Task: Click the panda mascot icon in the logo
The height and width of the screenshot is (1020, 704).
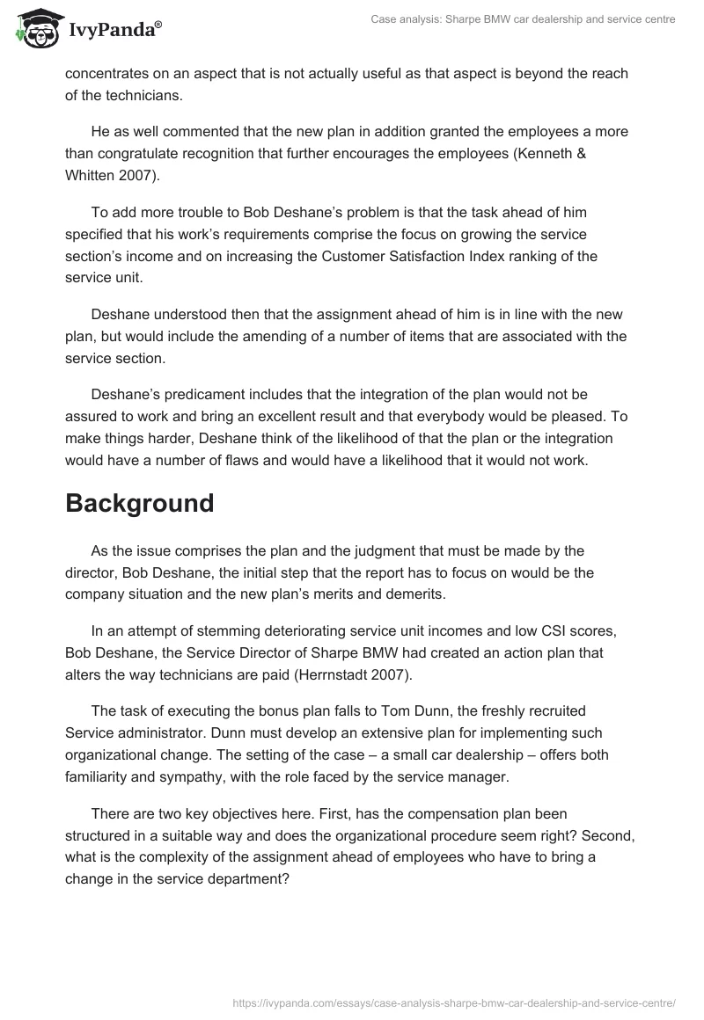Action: (34, 30)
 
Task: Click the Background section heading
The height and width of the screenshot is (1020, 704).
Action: (140, 503)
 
